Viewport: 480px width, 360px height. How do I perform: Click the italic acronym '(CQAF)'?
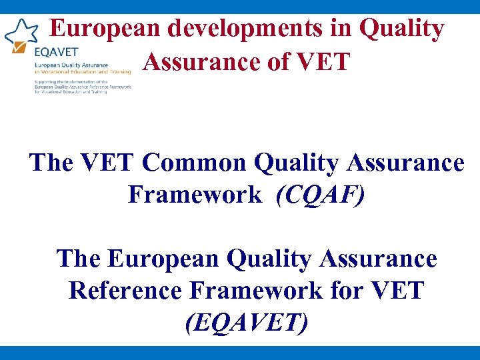pos(321,195)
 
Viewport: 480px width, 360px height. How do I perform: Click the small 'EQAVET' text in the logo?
pos(55,51)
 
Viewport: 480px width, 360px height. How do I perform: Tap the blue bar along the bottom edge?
pos(240,353)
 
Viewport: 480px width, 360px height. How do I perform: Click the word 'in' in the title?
pos(341,29)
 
